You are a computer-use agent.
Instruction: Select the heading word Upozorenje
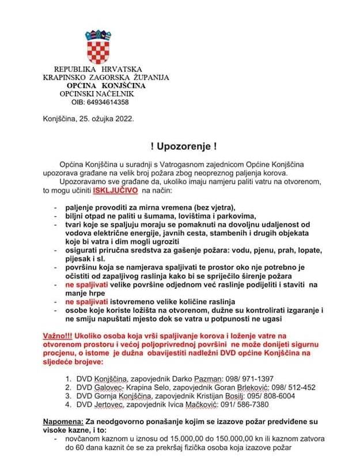point(180,147)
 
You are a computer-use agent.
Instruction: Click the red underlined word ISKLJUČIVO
point(115,190)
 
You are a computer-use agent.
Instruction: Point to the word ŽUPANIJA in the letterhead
point(151,77)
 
